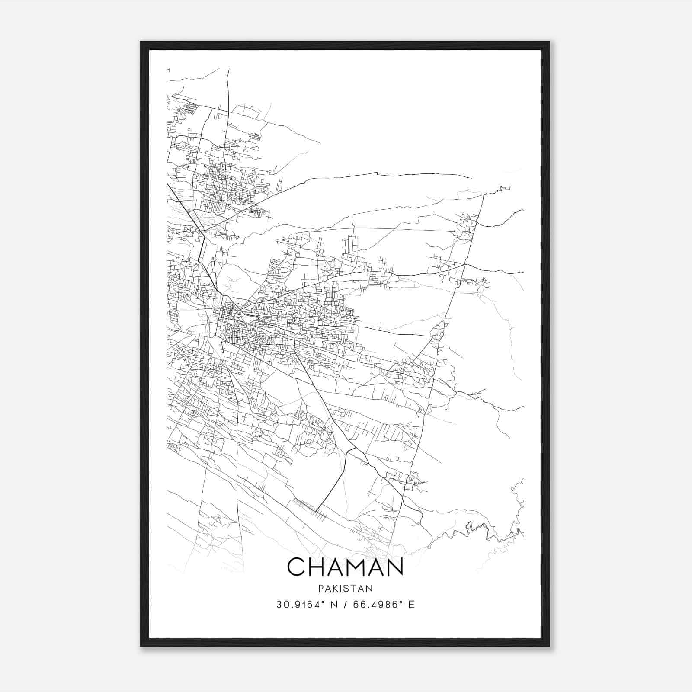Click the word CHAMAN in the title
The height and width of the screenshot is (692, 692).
pos(345,567)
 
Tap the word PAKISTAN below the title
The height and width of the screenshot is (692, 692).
pos(345,588)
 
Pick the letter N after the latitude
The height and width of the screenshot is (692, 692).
pos(333,605)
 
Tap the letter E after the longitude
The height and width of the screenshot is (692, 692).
pos(411,605)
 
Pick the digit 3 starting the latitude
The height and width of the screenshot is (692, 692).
pos(279,605)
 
